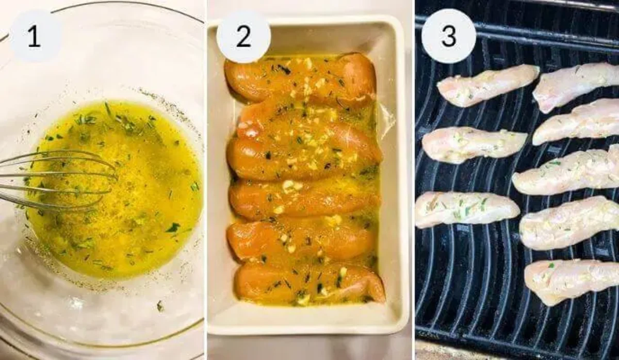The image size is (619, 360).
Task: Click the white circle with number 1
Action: [35, 36]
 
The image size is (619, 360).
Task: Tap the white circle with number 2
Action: [243, 36]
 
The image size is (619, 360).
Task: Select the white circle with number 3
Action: [448, 36]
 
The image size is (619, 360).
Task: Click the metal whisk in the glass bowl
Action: [52, 178]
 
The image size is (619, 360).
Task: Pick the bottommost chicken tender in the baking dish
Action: [309, 284]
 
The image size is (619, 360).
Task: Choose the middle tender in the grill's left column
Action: [474, 144]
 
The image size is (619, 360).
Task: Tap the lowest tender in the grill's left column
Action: [467, 208]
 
